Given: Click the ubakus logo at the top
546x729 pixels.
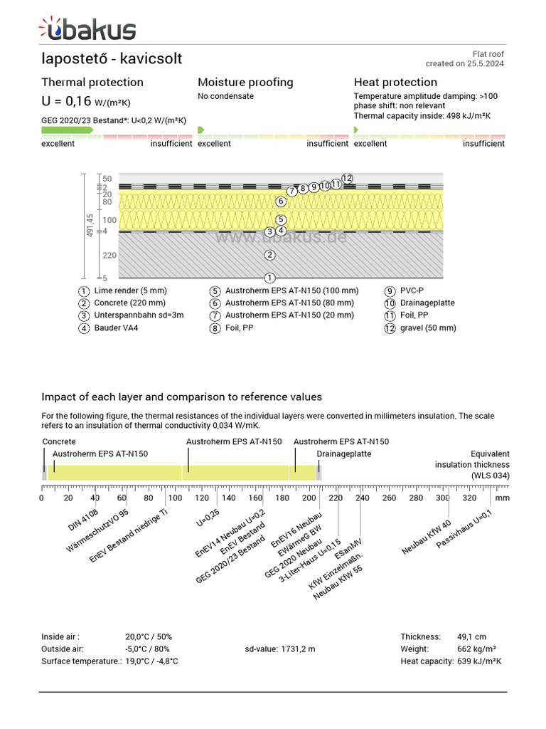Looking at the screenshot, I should (x=87, y=29).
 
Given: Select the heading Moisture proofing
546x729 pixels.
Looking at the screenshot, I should (x=245, y=82).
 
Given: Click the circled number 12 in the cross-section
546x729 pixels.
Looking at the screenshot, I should (x=347, y=178).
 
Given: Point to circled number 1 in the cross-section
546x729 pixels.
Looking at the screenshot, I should (x=269, y=278).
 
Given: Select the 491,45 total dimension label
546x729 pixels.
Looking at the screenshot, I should (x=90, y=226).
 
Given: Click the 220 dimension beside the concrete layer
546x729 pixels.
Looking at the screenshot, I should (x=109, y=255).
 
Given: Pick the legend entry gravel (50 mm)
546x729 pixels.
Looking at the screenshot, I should (x=428, y=328).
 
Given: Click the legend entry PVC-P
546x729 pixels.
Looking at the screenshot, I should (x=412, y=290).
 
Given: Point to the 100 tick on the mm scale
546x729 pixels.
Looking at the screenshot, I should (x=176, y=498).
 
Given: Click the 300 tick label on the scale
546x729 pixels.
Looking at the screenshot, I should (x=442, y=498).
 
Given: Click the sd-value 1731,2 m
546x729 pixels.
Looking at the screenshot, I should (x=279, y=649).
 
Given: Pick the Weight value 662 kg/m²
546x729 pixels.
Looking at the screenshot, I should (x=476, y=649).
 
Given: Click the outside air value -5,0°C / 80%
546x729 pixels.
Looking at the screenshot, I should (x=147, y=649).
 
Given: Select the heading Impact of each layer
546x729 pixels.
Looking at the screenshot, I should (x=181, y=397).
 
